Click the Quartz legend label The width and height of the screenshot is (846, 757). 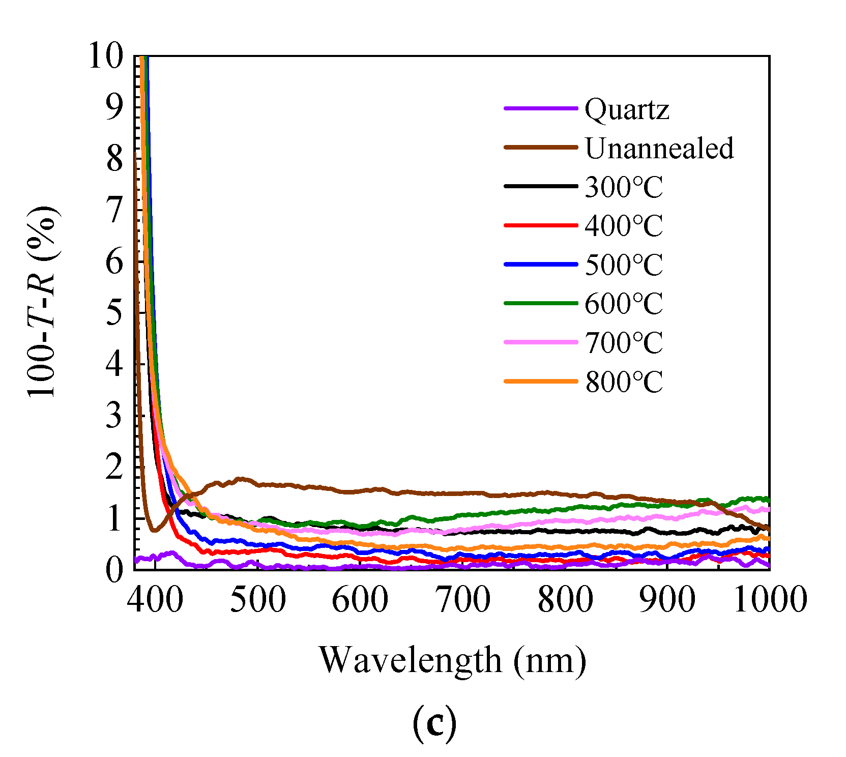[626, 109]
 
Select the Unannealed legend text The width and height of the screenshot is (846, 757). [659, 148]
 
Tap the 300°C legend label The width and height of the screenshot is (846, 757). [624, 187]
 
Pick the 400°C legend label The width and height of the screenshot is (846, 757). [624, 226]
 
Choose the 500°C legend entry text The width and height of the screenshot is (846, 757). [624, 265]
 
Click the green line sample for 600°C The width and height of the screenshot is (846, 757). [541, 303]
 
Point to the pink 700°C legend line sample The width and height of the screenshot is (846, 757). [541, 342]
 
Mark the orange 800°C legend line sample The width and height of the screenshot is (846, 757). [541, 381]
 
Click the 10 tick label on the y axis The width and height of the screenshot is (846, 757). [106, 55]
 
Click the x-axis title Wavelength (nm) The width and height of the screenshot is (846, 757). [452, 660]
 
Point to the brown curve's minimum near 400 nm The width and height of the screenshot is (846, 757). [155, 531]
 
